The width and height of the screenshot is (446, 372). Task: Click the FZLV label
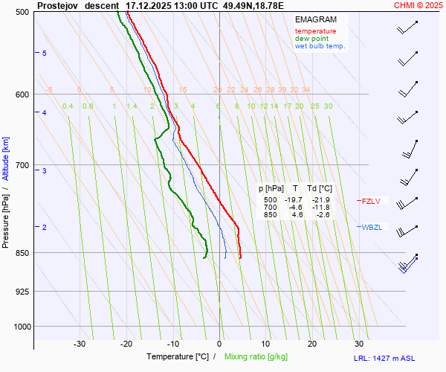tap(371, 201)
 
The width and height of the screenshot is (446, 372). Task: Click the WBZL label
tap(372, 227)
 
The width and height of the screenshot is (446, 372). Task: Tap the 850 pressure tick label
tap(22, 253)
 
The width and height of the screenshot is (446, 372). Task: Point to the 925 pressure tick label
tap(22, 291)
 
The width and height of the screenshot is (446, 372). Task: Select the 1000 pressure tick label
tap(19, 327)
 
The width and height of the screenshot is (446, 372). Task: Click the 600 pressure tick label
tap(22, 94)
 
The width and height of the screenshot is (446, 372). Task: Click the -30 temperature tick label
tap(80, 344)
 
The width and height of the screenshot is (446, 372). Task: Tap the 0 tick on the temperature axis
tap(219, 344)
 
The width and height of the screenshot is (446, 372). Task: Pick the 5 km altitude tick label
tap(45, 54)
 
